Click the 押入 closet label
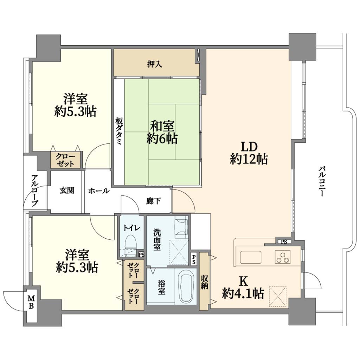click(x=154, y=64)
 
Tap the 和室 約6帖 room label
click(x=162, y=133)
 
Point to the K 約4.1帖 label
click(x=243, y=287)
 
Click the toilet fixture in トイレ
click(x=131, y=245)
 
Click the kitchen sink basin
click(x=251, y=257)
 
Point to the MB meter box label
click(x=31, y=302)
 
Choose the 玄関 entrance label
click(x=67, y=190)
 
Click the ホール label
click(x=99, y=191)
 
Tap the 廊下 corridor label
click(x=153, y=201)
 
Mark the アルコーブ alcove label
click(x=35, y=191)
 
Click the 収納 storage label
click(x=204, y=282)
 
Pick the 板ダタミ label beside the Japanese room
click(x=119, y=131)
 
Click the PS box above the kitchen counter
click(x=284, y=242)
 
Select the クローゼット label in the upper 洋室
click(x=66, y=160)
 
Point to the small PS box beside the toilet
click(x=141, y=255)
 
